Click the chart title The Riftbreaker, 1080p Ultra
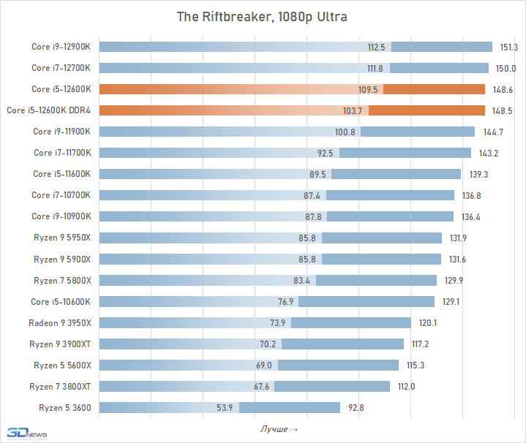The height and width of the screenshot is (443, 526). coord(263,16)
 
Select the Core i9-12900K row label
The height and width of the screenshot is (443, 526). coord(61,47)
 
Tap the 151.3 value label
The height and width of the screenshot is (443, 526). coord(509,48)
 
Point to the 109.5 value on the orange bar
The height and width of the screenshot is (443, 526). coord(369,90)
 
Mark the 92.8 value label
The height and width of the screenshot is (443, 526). coord(356,407)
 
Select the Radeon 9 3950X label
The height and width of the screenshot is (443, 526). coord(60,322)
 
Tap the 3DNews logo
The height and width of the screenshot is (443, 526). coord(23,432)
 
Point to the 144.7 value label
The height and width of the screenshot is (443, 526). coord(493,132)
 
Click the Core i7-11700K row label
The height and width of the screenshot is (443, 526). coord(62,153)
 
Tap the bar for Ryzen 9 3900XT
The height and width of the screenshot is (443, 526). coord(251,344)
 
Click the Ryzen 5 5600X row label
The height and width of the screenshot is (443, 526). coord(62,365)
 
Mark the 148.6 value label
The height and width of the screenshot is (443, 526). coord(503,90)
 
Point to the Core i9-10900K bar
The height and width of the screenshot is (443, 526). coord(276,216)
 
